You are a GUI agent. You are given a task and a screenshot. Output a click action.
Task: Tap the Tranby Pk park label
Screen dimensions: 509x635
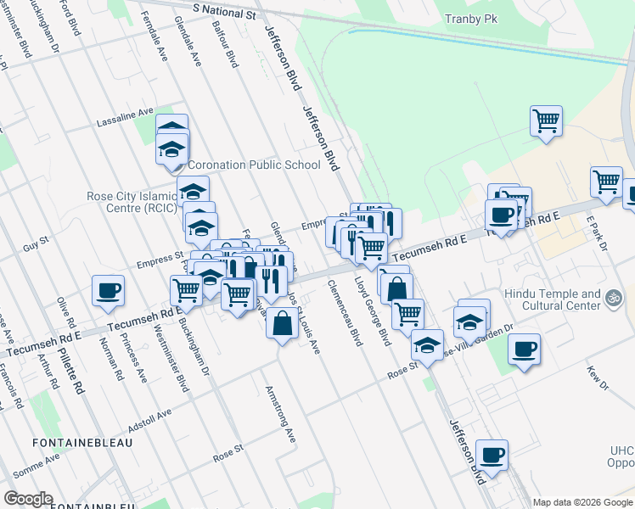coord(471,20)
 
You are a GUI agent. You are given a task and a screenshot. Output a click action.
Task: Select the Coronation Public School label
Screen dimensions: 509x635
coord(254,165)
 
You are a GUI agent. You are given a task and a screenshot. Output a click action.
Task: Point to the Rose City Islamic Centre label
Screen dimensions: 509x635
coord(132,201)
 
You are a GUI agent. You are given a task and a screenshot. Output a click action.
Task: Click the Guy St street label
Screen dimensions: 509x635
coord(37,245)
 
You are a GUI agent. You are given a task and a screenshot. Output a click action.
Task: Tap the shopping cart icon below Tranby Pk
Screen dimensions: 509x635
coord(546,120)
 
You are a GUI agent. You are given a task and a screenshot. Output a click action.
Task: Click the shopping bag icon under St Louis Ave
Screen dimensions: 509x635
coord(282,323)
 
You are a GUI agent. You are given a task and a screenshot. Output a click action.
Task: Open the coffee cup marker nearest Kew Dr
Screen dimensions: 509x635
coord(524,349)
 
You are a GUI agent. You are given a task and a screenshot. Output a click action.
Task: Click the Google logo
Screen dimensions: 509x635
coord(28,498)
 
